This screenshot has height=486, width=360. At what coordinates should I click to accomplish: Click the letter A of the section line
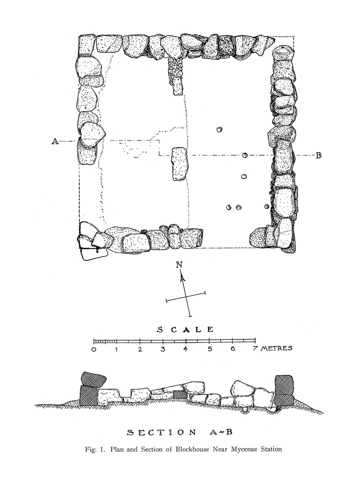pos(55,141)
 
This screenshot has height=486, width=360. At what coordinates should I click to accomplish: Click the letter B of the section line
pos(319,155)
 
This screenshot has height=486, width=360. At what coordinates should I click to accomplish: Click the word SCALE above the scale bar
pos(185,329)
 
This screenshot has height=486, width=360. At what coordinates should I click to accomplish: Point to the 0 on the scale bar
pos(94,349)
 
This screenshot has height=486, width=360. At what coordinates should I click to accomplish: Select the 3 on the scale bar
pos(163,349)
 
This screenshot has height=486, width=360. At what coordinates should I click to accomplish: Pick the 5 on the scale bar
pos(209,349)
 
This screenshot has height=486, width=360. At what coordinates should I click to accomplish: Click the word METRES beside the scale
pos(276,348)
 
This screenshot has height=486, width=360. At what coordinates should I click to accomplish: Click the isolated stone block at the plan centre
pos(179,164)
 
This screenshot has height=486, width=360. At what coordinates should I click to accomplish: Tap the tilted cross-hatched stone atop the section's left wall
pos(93,378)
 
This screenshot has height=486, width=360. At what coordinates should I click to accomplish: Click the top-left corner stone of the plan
pos(87,46)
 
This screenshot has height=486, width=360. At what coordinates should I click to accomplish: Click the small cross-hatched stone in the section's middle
pos(179,394)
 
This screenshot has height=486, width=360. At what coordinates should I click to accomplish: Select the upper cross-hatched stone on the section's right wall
pos(284,384)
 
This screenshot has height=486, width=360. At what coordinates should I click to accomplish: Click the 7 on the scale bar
pos(255,349)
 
